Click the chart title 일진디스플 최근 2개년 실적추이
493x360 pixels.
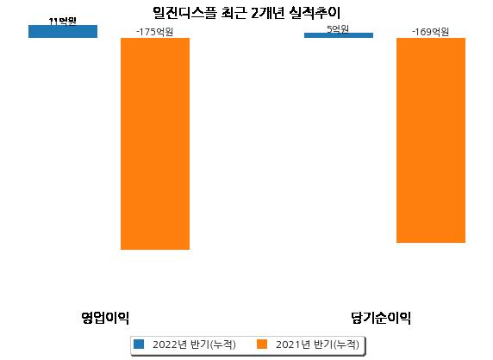[246, 13]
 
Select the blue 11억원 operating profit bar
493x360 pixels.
[63, 31]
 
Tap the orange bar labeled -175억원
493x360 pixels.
[155, 144]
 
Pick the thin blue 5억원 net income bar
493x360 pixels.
[339, 35]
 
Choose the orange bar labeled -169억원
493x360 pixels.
[431, 140]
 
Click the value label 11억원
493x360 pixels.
[63, 22]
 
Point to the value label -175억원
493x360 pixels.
[154, 32]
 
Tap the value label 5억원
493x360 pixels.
[338, 29]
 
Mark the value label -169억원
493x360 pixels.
[430, 32]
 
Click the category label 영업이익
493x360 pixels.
[105, 318]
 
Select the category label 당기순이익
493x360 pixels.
[381, 318]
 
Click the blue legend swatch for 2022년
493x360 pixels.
[139, 344]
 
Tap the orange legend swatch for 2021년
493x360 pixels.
[262, 344]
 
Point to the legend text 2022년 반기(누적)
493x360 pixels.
[194, 344]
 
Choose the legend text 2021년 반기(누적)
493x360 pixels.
[317, 344]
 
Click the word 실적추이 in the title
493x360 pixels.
[315, 13]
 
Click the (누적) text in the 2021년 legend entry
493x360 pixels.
[346, 344]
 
